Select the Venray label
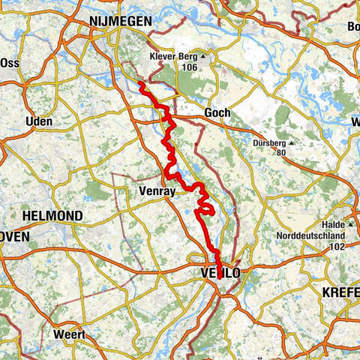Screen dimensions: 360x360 157,192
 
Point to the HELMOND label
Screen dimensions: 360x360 53,215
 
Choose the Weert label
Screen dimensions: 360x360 68,334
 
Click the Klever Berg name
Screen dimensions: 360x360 173,55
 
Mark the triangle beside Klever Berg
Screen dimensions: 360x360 202,55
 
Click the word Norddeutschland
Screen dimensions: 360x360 316,235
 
